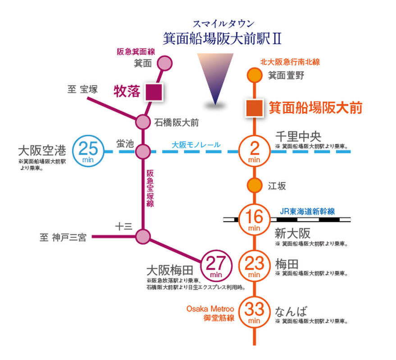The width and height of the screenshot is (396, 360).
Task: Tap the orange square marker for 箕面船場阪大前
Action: click(254, 108)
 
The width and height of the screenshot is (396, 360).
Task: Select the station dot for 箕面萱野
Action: click(255, 75)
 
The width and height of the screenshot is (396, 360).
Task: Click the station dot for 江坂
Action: click(255, 185)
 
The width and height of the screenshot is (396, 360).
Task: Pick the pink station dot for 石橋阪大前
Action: click(142, 121)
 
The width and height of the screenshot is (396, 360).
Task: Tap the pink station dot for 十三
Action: click(142, 236)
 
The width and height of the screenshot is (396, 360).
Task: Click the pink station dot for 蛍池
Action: click(142, 151)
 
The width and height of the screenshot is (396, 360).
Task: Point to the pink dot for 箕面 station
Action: click(165, 64)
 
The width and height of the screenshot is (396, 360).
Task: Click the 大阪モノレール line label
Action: click(196, 145)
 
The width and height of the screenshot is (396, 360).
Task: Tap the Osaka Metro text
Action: click(210, 309)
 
